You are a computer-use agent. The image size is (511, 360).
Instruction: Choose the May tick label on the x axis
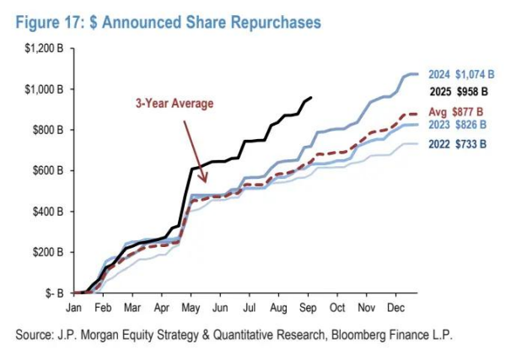click(x=192, y=308)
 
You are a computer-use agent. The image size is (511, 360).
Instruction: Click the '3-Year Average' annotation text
click(x=175, y=103)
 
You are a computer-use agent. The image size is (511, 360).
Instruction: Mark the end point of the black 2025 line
click(x=311, y=98)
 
